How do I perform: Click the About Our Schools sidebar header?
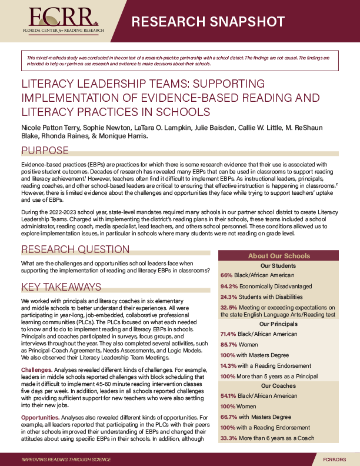point(278,255)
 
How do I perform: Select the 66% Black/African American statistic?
point(227,275)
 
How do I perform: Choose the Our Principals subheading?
point(278,324)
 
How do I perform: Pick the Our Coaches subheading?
point(278,386)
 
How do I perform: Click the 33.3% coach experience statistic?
point(228,438)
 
